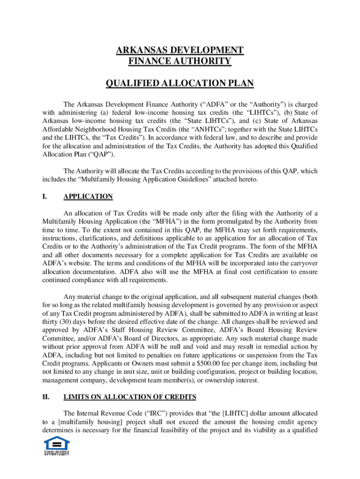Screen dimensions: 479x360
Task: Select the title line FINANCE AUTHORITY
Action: point(180,61)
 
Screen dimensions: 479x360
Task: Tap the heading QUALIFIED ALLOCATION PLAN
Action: point(180,84)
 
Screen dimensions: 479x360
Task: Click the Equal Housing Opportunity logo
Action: point(57,446)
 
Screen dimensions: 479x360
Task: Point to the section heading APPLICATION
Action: point(88,196)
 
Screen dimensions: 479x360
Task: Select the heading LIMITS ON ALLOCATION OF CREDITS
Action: point(130,397)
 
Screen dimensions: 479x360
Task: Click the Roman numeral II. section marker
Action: point(46,397)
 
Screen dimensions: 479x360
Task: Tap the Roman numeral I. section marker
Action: point(44,196)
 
